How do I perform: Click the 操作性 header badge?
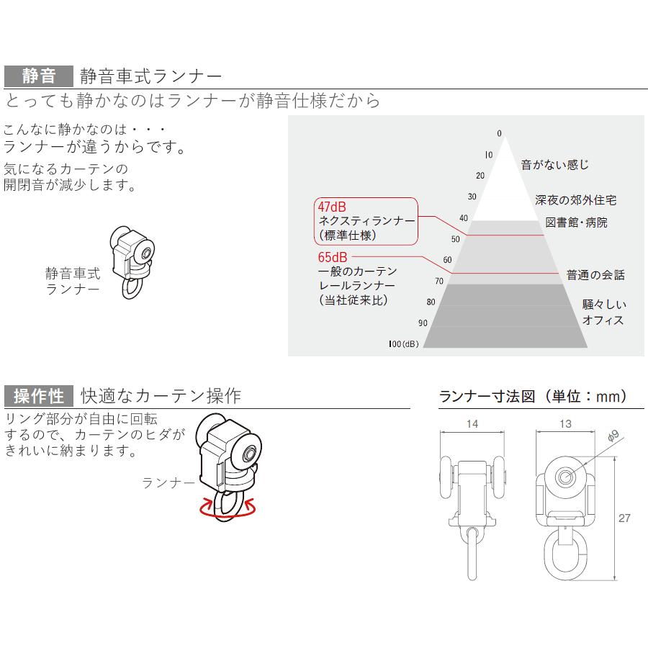pyautogui.click(x=38, y=396)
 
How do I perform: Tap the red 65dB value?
pyautogui.click(x=333, y=256)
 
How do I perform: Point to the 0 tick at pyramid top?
pyautogui.click(x=498, y=133)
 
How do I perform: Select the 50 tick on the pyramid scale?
pyautogui.click(x=455, y=239)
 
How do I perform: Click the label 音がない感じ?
pyautogui.click(x=554, y=165)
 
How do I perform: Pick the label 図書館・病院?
pyautogui.click(x=576, y=222)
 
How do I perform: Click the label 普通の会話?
pyautogui.click(x=595, y=274)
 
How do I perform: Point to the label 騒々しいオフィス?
pyautogui.click(x=603, y=312)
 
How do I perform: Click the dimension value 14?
pyautogui.click(x=472, y=424)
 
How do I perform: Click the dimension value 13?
pyautogui.click(x=565, y=424)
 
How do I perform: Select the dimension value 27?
pyautogui.click(x=625, y=517)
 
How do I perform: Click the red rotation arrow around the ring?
pyautogui.click(x=229, y=510)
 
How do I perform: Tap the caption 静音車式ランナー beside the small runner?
pyautogui.click(x=73, y=281)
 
